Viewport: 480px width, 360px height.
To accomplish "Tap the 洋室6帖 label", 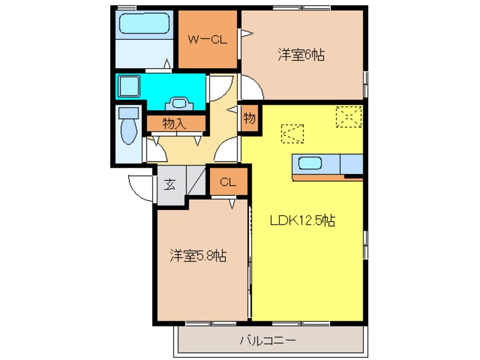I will click(301, 55).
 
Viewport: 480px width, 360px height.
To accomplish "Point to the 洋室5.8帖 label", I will click(198, 256).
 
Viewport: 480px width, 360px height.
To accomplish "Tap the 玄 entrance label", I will click(170, 184).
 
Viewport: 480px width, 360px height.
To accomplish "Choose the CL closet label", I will click(228, 182).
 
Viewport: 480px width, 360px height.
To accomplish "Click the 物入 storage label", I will click(174, 123).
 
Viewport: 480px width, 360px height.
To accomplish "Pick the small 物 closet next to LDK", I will click(250, 119).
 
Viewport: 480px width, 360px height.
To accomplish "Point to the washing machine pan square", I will click(131, 86).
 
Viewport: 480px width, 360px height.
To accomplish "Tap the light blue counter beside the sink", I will click(351, 164).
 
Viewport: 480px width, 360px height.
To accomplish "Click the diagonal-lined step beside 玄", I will click(195, 181).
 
